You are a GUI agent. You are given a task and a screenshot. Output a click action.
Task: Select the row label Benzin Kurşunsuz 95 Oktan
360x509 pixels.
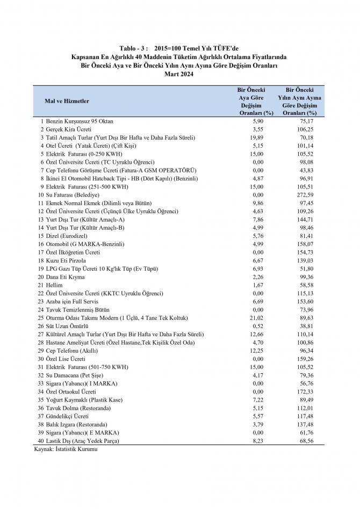coord(80,121)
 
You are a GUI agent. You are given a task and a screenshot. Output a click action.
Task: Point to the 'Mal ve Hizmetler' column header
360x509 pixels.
coord(67,101)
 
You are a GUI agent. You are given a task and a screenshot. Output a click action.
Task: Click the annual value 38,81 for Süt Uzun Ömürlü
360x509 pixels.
coord(307,326)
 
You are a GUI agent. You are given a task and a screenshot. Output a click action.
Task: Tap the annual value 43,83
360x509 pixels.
coord(307,170)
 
